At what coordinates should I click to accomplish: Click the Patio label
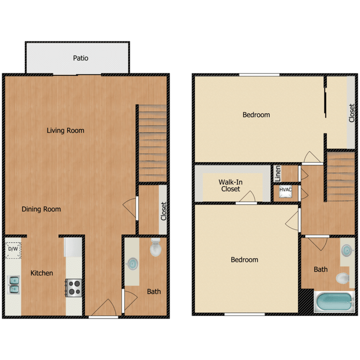[81, 58]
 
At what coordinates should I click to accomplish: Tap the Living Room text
[65, 131]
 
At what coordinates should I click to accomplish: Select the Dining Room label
[42, 209]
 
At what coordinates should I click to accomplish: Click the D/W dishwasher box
[13, 249]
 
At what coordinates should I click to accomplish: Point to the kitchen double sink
[13, 285]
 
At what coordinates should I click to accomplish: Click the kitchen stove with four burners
[74, 287]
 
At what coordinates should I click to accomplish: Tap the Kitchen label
[42, 273]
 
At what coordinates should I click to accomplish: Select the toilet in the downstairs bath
[156, 249]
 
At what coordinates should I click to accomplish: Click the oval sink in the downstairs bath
[133, 264]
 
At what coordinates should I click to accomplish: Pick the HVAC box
[285, 191]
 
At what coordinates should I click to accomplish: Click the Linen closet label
[277, 174]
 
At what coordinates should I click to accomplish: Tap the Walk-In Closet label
[230, 185]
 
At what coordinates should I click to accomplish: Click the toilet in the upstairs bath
[343, 277]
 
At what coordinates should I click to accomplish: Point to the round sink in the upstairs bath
[347, 250]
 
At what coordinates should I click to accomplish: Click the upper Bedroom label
[256, 115]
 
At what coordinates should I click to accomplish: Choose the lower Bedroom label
[244, 260]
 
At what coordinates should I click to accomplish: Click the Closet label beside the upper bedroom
[351, 113]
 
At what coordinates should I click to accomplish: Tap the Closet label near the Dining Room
[163, 212]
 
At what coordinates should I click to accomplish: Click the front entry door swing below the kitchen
[104, 307]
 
